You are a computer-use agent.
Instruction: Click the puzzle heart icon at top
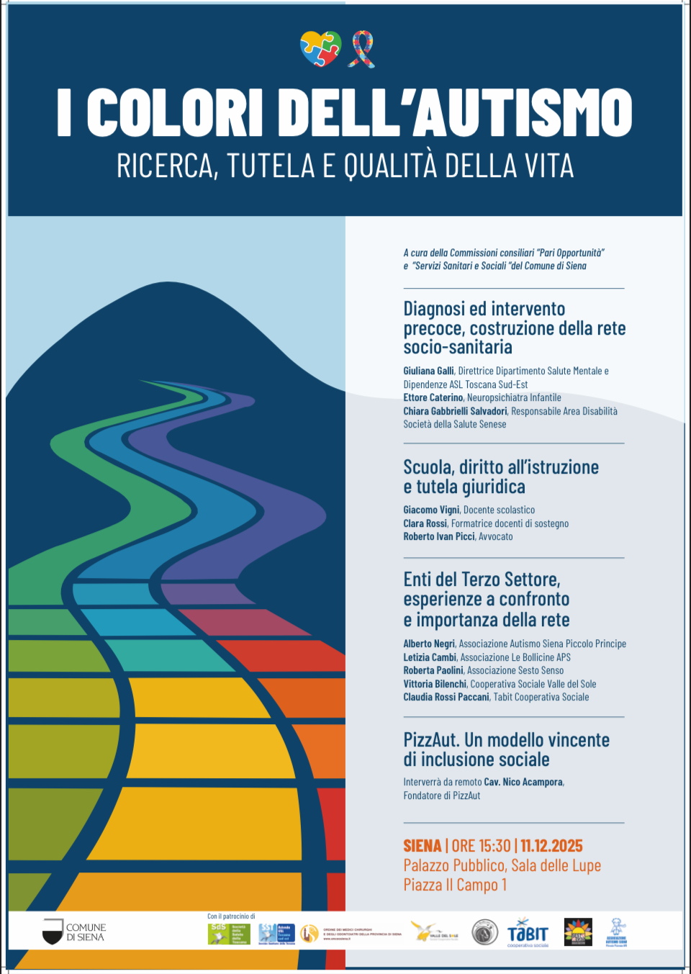pos(320,49)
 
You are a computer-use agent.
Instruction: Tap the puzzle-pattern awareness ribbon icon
pos(361,49)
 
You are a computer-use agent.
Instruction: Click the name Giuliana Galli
pos(428,371)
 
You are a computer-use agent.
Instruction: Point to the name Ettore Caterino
pos(433,397)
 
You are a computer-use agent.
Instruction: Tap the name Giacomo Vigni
pos(431,510)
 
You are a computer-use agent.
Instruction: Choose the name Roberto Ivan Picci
pos(439,536)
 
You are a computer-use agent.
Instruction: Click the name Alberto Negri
pos(429,644)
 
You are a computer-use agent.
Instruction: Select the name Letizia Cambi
pos(430,657)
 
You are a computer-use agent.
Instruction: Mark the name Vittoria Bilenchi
pos(435,684)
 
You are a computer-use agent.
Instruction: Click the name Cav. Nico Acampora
pos(523,782)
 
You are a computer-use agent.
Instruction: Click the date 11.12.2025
pos(551,846)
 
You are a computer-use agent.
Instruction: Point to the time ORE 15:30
pos(481,846)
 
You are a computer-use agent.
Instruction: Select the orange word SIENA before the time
pos(423,846)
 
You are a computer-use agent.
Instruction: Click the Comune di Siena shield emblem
pos(53,932)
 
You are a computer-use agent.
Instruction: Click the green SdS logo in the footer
pos(218,933)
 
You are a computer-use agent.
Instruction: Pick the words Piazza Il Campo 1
pos(455,885)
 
